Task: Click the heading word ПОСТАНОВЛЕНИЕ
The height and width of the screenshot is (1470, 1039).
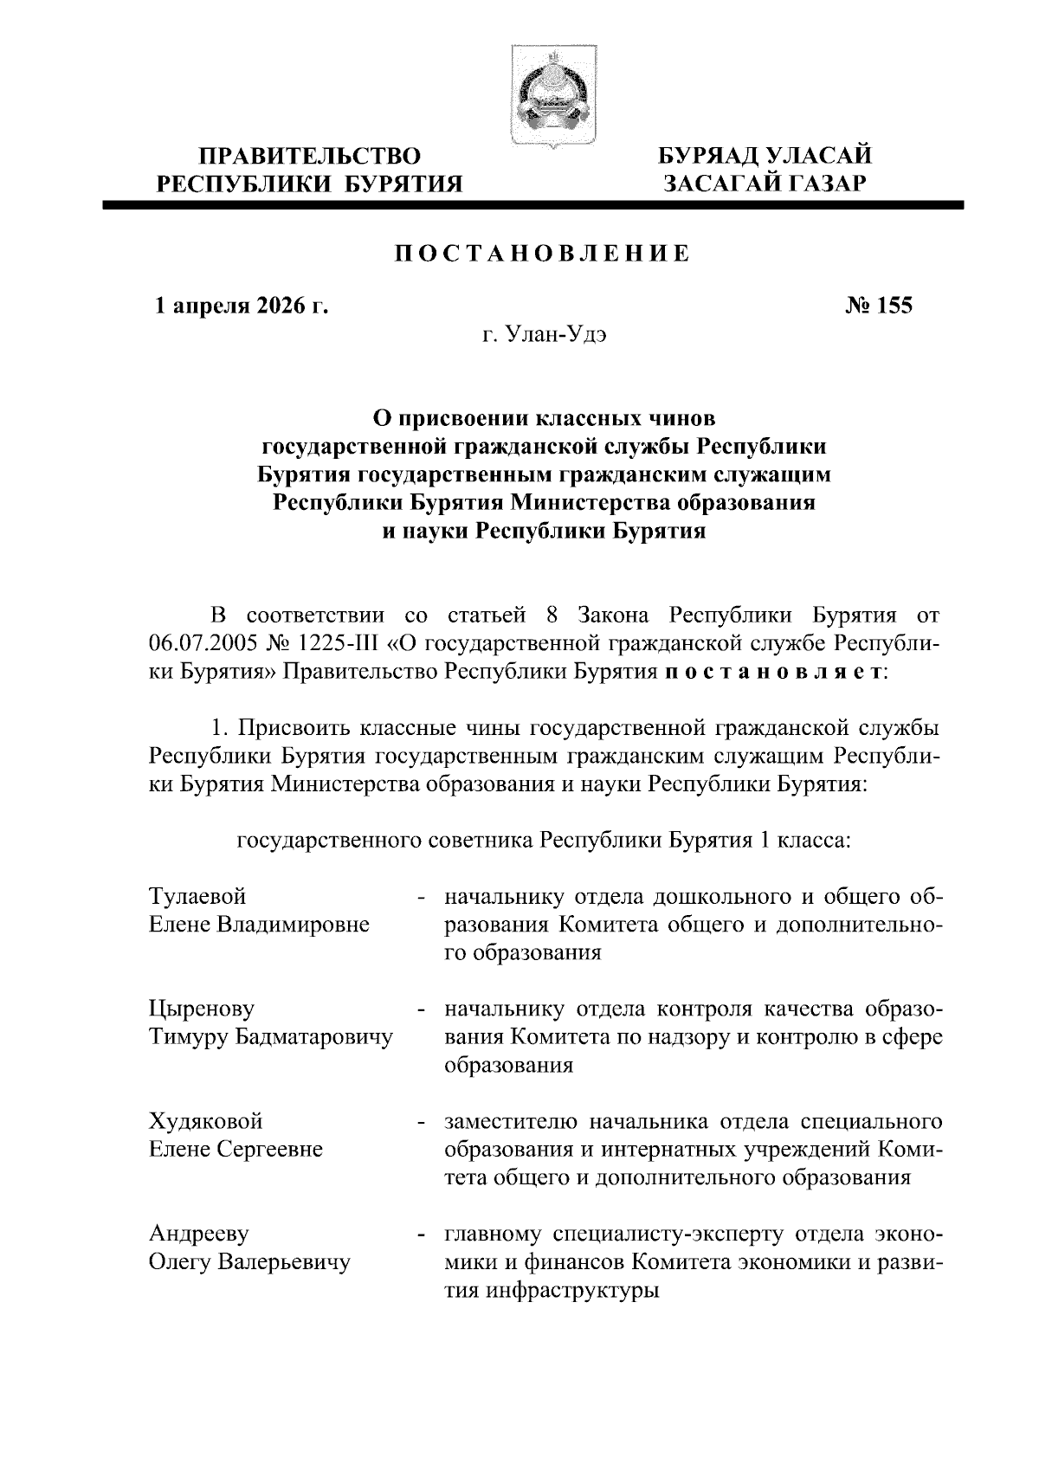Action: click(543, 254)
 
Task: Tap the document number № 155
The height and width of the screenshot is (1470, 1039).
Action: click(877, 306)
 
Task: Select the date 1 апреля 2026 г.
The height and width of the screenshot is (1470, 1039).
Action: click(241, 306)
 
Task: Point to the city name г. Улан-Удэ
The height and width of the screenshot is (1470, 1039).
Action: click(543, 335)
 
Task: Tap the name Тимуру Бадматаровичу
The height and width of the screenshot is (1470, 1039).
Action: click(270, 1036)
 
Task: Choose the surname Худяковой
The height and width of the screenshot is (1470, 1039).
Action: click(205, 1121)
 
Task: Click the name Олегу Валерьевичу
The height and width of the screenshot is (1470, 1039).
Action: click(249, 1261)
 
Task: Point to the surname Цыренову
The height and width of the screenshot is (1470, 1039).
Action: click(202, 1009)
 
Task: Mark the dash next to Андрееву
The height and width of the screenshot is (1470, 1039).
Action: click(421, 1235)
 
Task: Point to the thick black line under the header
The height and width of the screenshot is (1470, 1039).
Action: click(532, 205)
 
